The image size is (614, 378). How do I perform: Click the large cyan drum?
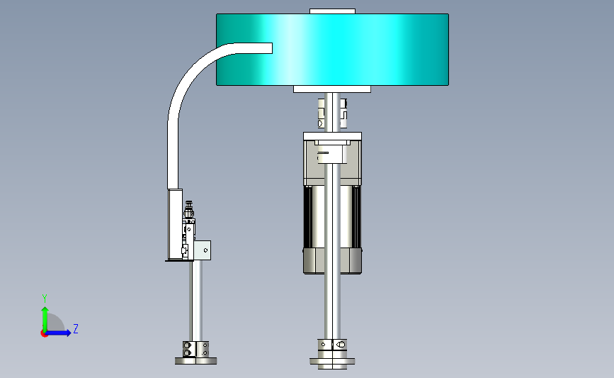point(353,50)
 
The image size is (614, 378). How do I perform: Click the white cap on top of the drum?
point(332,11)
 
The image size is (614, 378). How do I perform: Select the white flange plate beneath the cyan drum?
point(332,89)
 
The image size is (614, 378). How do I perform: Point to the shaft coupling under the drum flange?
point(332,113)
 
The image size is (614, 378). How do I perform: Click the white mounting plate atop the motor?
point(332,136)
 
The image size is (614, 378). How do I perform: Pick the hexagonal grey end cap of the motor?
point(332,260)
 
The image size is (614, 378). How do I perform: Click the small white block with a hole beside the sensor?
point(203,250)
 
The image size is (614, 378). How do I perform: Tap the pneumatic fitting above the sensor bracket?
point(189,210)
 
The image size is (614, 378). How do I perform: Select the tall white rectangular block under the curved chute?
point(175,224)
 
